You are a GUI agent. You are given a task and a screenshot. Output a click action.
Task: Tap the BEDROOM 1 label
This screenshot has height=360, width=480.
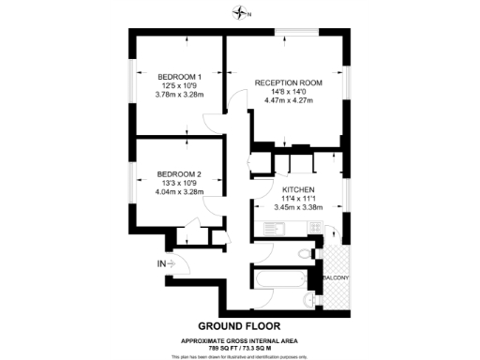(180, 76)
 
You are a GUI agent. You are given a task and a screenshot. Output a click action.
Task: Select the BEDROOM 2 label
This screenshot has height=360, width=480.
(179, 174)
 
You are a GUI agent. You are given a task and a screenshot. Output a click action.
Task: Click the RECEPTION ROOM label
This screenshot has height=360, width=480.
(289, 82)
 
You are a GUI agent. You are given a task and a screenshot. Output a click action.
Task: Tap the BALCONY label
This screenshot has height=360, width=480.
(336, 278)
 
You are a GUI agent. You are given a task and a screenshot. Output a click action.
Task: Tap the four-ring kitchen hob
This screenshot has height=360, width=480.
(317, 227)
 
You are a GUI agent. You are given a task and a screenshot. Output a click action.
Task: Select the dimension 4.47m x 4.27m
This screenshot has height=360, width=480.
(289, 100)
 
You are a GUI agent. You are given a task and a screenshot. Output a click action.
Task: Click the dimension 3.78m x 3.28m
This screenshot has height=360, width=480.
(180, 94)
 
